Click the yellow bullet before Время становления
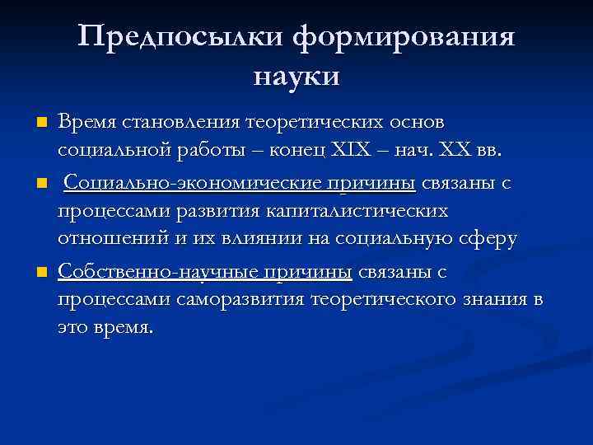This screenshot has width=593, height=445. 42,123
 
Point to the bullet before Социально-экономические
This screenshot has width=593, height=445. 42,182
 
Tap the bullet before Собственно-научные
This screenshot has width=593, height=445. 42,272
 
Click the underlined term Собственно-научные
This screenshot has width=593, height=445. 205,272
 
